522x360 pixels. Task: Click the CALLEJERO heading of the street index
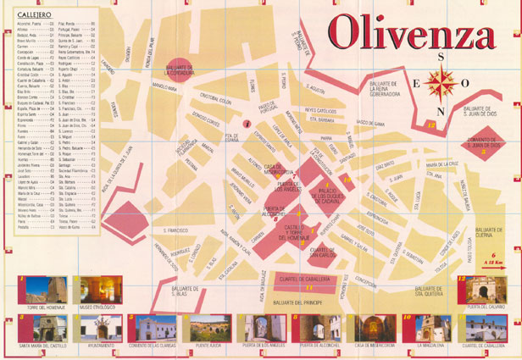pyautogui.click(x=34, y=14)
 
